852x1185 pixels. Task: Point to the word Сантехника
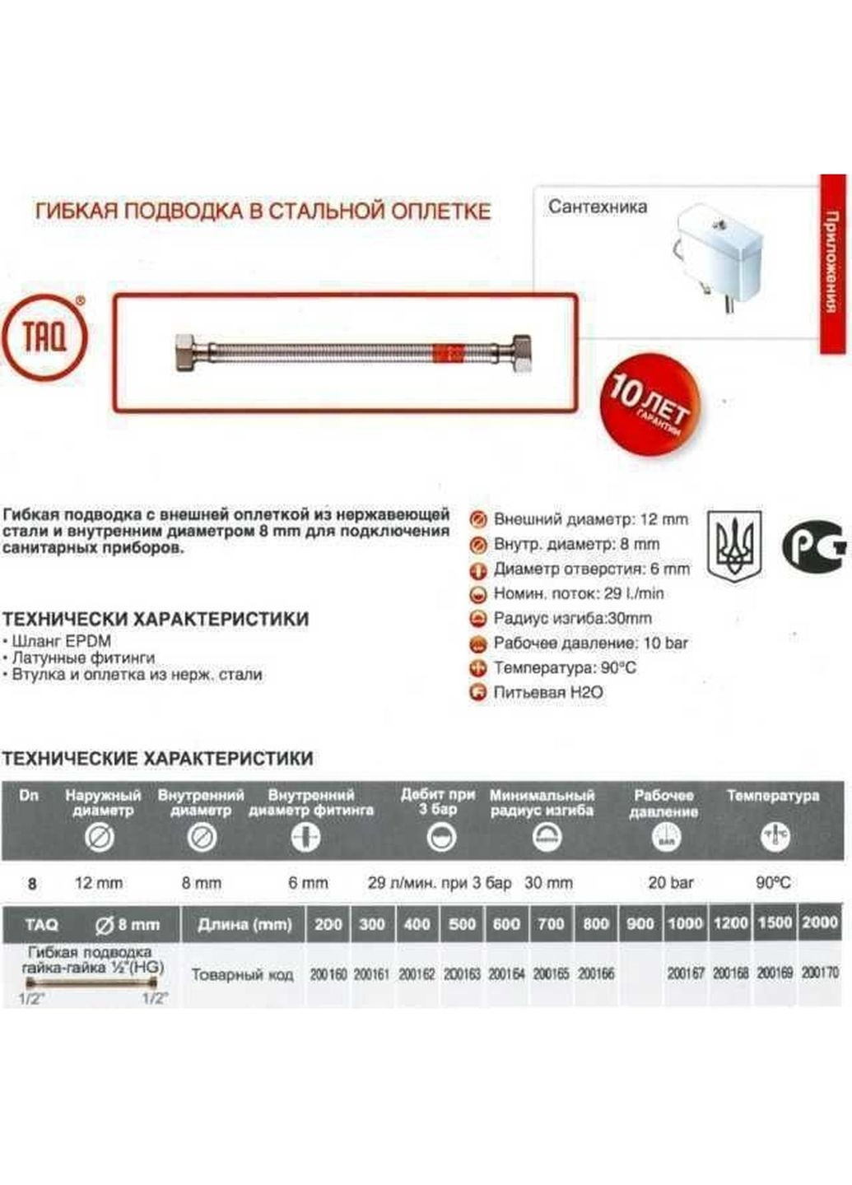click(598, 207)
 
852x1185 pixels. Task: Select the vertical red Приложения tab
click(833, 263)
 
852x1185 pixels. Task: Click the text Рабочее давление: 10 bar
click(590, 643)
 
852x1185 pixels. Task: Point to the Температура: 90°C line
click(565, 667)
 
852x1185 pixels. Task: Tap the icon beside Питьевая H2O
click(477, 693)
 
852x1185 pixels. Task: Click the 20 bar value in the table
click(670, 883)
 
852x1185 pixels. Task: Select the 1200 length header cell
click(730, 923)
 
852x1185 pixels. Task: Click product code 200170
click(819, 973)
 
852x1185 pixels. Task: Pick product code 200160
click(328, 974)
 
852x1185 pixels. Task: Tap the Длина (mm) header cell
click(244, 924)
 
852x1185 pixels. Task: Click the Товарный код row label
click(242, 974)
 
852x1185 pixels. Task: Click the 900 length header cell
click(640, 923)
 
